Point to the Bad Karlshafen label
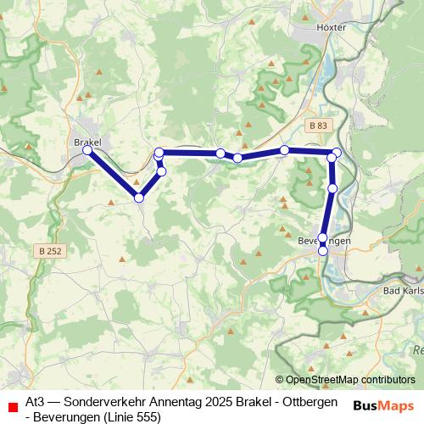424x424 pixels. click(x=403, y=292)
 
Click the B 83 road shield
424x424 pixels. click(x=317, y=126)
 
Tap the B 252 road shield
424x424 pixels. click(x=49, y=251)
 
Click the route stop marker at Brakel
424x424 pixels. click(x=87, y=150)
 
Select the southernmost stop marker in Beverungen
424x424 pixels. click(x=322, y=251)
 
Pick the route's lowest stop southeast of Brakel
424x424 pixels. click(x=139, y=198)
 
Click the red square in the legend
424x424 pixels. click(x=12, y=407)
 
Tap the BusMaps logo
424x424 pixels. click(x=384, y=405)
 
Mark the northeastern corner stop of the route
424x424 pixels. click(x=337, y=153)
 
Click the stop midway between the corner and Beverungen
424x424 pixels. click(x=332, y=188)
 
